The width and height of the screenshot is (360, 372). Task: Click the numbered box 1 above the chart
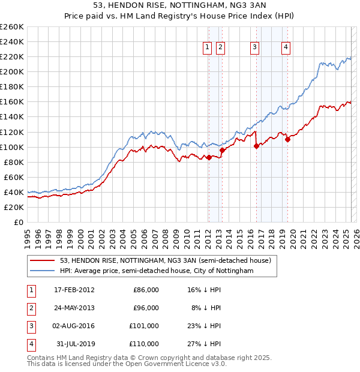click(207, 47)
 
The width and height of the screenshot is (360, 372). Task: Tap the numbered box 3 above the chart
click(255, 47)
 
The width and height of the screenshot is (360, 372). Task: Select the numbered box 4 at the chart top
click(286, 47)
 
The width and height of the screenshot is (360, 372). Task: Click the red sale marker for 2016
click(256, 146)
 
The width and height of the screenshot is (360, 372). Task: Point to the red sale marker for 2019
click(287, 139)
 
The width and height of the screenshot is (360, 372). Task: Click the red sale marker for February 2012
click(209, 157)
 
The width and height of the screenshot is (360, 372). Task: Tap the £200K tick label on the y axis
click(11, 71)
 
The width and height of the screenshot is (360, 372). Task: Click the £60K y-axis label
click(13, 177)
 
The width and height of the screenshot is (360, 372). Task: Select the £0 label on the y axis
click(19, 222)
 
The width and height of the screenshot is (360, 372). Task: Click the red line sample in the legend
click(43, 260)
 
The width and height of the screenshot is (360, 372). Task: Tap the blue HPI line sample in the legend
click(43, 271)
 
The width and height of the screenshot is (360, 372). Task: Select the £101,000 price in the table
click(145, 326)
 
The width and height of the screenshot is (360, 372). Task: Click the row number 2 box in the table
click(31, 308)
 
